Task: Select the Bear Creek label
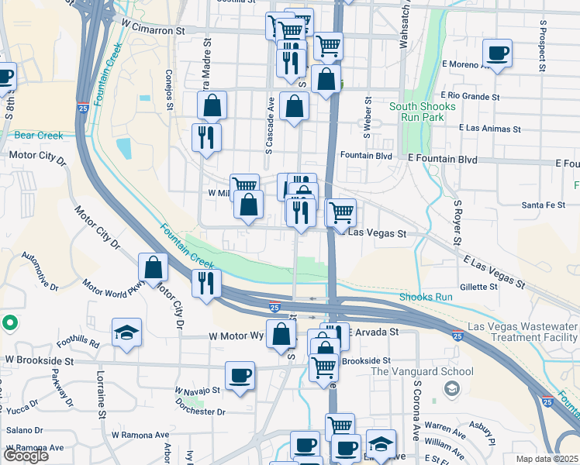[x=38, y=136]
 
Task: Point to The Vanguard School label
[x=422, y=371]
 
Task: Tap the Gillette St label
[x=478, y=287]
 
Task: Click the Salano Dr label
[x=24, y=430]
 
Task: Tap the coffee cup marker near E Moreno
[x=496, y=53]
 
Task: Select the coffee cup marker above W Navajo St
[x=240, y=376]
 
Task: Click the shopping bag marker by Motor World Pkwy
[x=154, y=267]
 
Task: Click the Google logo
[x=26, y=456]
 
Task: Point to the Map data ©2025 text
[x=547, y=459]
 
